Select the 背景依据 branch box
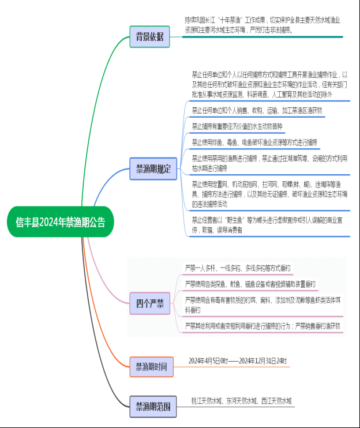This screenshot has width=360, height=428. pyautogui.click(x=149, y=37)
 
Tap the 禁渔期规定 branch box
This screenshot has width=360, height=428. pyautogui.click(x=153, y=169)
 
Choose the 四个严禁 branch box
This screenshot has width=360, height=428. pyautogui.click(x=149, y=303)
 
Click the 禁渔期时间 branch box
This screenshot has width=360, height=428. pyautogui.click(x=151, y=366)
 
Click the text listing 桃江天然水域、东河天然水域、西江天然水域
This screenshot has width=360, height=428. pyautogui.click(x=242, y=400)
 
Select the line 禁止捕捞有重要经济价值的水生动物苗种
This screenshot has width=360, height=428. pyautogui.click(x=237, y=126)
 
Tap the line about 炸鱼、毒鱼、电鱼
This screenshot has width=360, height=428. pyautogui.click(x=254, y=141)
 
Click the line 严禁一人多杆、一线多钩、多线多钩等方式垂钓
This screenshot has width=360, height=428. pyautogui.click(x=238, y=268)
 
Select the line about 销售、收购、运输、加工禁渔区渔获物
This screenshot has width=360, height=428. pyautogui.click(x=257, y=110)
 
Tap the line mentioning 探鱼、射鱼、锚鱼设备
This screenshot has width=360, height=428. pyautogui.click(x=250, y=284)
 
